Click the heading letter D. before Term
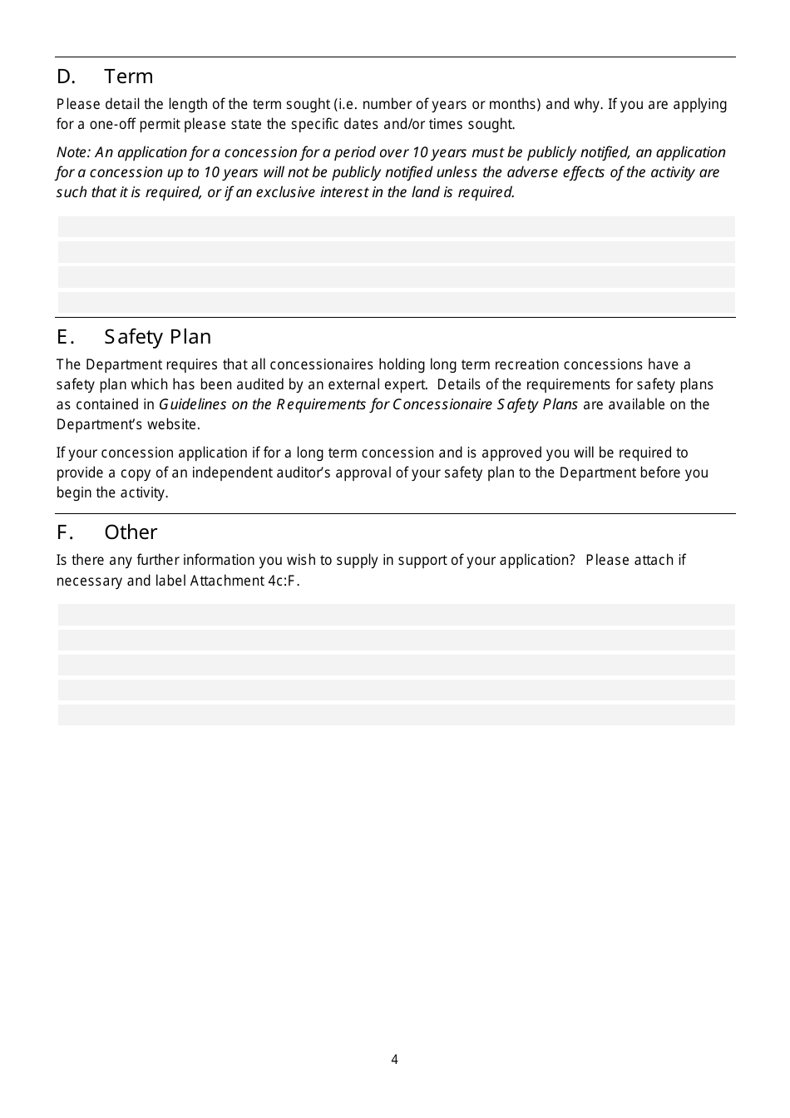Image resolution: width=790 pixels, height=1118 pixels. point(66,77)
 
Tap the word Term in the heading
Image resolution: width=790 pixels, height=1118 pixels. point(129,77)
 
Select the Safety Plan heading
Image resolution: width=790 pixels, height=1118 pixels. point(157,337)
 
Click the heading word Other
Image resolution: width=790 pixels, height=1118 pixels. point(131,532)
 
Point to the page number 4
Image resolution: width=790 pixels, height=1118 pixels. point(394,1059)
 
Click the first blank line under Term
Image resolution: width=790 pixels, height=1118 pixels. point(396,227)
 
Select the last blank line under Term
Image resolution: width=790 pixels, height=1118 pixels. point(396,302)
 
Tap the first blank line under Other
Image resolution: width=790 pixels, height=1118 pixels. point(396,615)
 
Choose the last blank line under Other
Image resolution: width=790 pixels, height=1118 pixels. point(396,715)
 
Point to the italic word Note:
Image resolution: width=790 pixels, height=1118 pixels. point(73,152)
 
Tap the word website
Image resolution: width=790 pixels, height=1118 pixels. point(174,425)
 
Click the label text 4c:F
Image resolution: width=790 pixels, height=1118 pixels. point(284,581)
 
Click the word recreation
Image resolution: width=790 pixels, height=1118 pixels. point(524,365)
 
